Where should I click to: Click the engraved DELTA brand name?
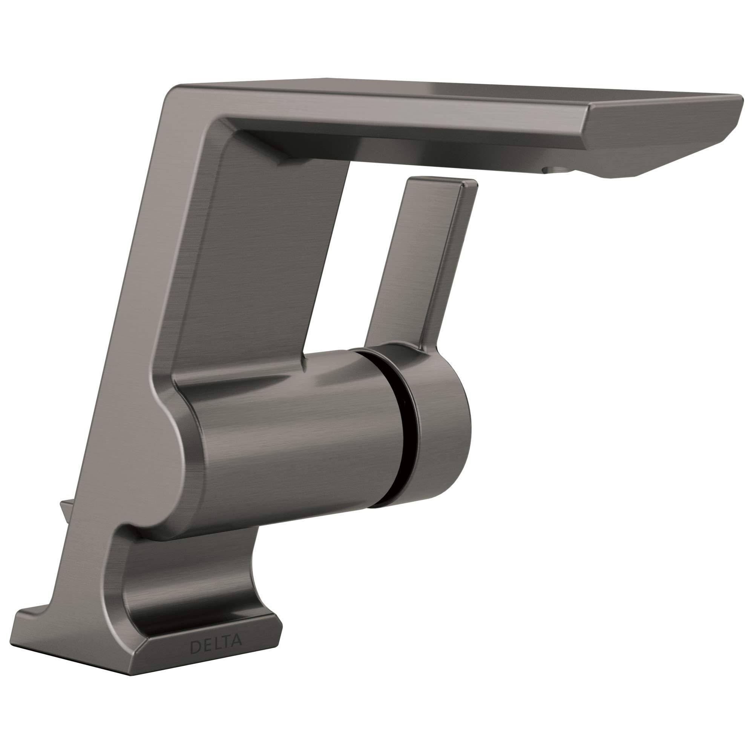pos(215,645)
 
